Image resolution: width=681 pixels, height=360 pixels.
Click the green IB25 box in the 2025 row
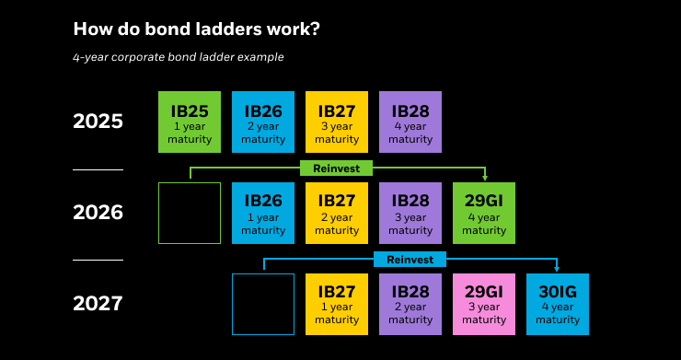click(190, 122)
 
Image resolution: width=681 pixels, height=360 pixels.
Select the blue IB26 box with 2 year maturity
click(263, 122)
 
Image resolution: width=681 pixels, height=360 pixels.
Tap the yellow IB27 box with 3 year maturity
click(337, 122)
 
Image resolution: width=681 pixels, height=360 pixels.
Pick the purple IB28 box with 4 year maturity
click(410, 122)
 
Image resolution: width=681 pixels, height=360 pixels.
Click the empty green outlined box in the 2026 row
click(190, 213)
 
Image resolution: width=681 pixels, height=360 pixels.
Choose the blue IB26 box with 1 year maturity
click(263, 213)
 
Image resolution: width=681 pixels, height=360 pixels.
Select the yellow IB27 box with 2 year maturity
click(337, 213)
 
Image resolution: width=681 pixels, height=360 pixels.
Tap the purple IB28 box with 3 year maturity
click(410, 213)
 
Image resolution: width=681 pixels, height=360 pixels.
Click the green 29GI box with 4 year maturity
click(484, 213)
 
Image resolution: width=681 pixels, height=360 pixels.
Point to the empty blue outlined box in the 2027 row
click(263, 304)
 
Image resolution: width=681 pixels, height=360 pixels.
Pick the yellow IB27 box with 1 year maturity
click(337, 304)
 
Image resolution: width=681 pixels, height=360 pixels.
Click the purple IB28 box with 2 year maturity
click(410, 304)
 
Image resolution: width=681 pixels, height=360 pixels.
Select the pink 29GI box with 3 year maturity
click(484, 304)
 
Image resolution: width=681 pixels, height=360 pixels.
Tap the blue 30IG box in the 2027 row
click(558, 304)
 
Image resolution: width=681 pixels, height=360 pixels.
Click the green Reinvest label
click(337, 168)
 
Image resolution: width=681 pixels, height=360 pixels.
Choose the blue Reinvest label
click(410, 260)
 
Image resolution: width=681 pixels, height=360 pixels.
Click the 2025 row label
click(98, 122)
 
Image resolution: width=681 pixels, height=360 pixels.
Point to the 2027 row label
click(98, 304)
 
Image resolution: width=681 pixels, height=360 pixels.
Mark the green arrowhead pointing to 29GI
click(484, 178)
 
